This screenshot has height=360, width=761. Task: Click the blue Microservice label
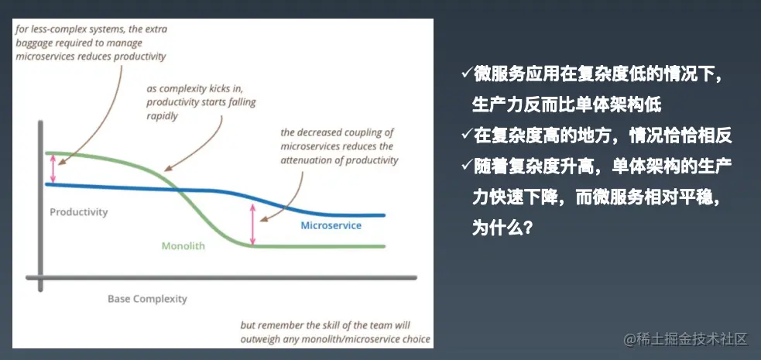331,225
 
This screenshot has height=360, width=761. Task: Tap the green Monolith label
183,246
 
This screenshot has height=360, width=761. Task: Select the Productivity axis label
79,212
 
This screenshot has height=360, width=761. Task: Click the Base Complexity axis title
147,299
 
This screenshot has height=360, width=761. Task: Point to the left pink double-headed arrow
53,169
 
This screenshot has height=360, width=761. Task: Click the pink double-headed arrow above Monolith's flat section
252,225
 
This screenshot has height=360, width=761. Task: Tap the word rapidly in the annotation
162,116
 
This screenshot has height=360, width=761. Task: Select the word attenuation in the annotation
304,160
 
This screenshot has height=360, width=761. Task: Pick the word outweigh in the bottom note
259,339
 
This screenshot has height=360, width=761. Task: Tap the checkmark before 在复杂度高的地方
467,135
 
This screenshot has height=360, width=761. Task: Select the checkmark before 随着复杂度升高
467,166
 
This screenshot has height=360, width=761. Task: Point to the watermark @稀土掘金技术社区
685,339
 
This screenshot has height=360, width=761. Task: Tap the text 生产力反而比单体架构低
567,105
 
